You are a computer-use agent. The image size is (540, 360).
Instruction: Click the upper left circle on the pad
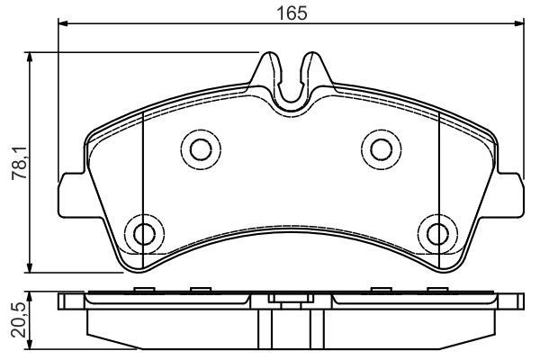(196, 147)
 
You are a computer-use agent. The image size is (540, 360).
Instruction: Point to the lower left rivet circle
(142, 233)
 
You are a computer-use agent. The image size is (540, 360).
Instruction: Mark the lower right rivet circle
(438, 233)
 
